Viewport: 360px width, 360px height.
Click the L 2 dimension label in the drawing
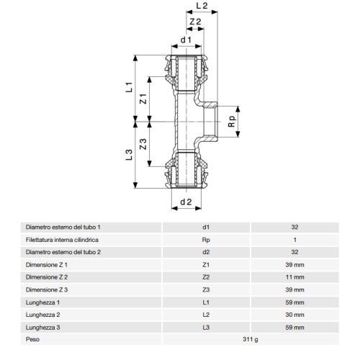click(x=202, y=6)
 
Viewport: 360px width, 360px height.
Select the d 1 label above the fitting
click(x=185, y=40)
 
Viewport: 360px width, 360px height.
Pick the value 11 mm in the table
click(x=294, y=277)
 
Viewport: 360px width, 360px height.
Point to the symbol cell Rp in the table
click(x=206, y=239)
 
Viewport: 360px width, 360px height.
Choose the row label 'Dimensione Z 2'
click(x=47, y=277)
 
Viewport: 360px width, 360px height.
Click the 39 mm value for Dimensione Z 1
click(x=294, y=265)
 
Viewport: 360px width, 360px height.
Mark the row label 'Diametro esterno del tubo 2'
click(x=63, y=252)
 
